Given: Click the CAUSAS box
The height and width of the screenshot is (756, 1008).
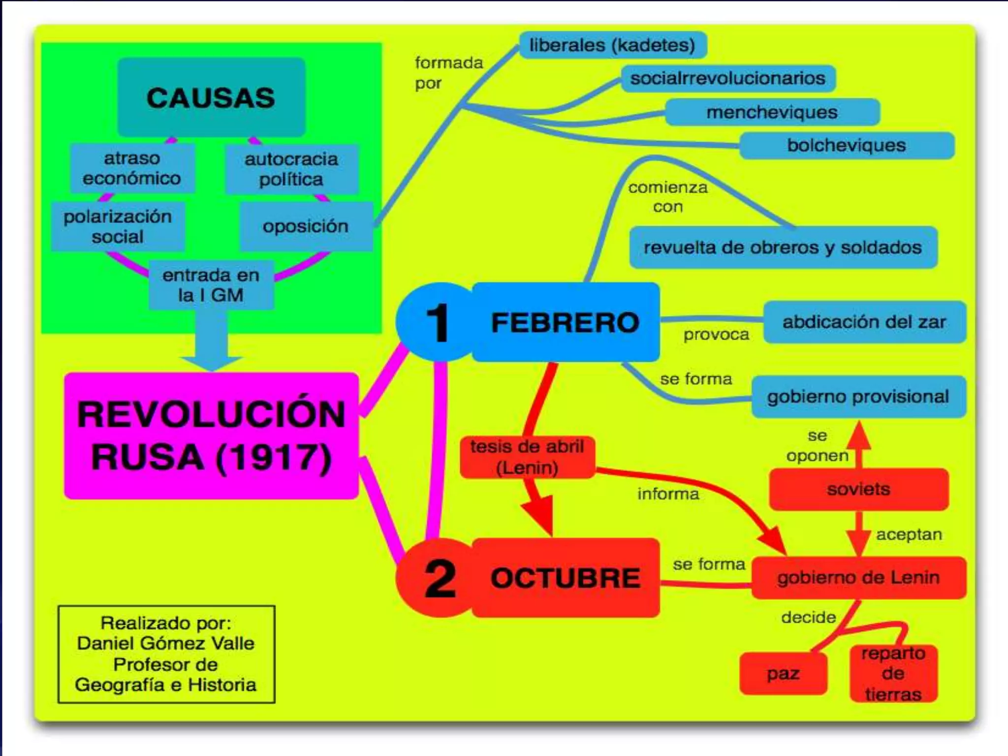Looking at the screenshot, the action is point(211,97).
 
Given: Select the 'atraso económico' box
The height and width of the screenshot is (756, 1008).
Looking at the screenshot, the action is point(132,168).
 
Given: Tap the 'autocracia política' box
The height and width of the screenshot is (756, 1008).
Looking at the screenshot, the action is point(291,169).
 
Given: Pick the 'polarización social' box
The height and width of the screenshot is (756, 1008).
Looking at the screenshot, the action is point(118,226).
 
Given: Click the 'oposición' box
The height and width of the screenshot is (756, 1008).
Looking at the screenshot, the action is point(306,226).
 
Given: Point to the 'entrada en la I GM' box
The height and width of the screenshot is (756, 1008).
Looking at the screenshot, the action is point(211,284).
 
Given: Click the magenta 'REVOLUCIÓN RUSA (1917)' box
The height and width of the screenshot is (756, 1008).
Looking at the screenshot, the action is point(211,436).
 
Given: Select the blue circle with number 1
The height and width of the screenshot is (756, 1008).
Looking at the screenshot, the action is point(436,322).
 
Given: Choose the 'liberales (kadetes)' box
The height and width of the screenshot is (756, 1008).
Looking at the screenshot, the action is point(612,45).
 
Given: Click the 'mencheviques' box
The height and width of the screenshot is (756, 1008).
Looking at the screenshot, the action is point(772,112).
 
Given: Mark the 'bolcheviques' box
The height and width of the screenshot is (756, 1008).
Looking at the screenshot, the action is point(846,145).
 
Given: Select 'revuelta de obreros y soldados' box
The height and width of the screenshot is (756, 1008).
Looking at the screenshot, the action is point(783,247).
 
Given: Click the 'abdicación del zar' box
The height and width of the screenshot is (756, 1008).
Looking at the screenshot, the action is point(864,322).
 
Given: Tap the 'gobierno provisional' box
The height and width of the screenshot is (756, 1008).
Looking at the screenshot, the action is point(858,397).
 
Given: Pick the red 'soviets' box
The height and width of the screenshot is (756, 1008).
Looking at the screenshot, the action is point(858,489).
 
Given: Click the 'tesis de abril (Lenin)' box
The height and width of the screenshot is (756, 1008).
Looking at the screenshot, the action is point(527,457).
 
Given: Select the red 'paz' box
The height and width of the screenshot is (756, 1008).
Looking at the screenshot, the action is point(783,673).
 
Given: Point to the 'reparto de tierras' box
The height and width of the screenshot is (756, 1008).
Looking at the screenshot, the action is point(893,673).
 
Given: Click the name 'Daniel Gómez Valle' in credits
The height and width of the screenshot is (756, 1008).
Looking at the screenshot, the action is point(166,643).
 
